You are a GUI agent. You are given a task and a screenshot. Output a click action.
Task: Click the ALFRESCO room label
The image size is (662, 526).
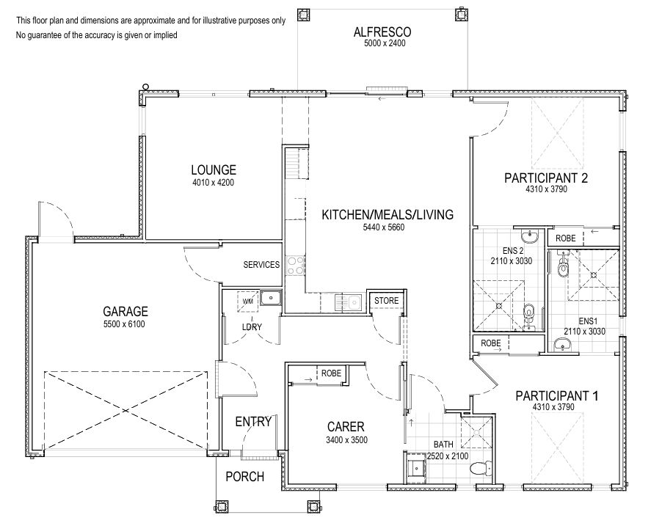click(382, 32)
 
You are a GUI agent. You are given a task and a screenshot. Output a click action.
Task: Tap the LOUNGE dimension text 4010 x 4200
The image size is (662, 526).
click(214, 183)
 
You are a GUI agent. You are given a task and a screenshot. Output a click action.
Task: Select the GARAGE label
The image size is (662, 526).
click(126, 312)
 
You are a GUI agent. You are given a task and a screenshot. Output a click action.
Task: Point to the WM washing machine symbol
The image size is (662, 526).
click(248, 302)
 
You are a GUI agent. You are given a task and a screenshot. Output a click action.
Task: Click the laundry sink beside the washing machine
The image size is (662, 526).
click(271, 298)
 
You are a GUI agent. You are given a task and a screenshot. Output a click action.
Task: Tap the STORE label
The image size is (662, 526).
click(386, 301)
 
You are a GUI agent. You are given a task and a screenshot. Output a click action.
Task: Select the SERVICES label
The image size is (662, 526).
click(261, 265)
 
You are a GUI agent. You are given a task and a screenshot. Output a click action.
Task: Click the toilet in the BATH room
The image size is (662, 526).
click(481, 468)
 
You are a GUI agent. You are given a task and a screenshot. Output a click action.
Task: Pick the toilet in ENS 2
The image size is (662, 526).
click(528, 315)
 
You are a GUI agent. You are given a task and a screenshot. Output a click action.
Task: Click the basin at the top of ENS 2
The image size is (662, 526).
click(528, 235)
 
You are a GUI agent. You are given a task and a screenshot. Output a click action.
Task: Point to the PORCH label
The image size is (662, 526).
click(245, 477)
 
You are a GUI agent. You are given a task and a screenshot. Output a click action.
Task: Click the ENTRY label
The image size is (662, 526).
click(253, 422)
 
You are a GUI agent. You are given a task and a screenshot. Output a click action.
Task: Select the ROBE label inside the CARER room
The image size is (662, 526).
click(331, 373)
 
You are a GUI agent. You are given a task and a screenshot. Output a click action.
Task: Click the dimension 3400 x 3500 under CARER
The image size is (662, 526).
click(346, 440)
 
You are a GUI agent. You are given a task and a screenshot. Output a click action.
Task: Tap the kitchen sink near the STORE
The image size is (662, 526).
click(349, 302)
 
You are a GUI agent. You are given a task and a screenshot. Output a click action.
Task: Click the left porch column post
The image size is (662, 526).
click(222, 506)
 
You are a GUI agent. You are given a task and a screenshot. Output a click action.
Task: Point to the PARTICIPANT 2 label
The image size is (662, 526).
click(546, 178)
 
